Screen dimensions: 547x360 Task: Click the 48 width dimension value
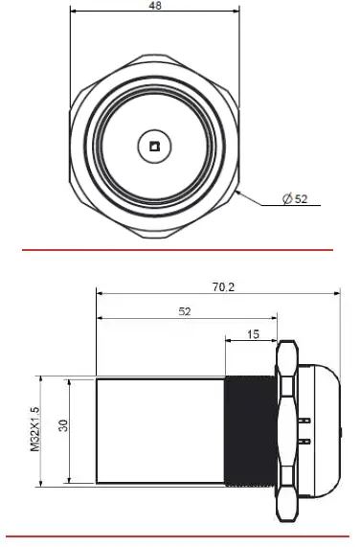click(x=154, y=6)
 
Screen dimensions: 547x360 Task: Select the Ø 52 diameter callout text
click(x=295, y=199)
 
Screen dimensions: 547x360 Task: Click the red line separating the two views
click(x=180, y=250)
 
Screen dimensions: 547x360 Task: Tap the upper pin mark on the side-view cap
click(x=305, y=419)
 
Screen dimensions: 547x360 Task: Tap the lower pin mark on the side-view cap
click(x=305, y=441)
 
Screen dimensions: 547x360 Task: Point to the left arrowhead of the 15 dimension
click(x=228, y=341)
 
